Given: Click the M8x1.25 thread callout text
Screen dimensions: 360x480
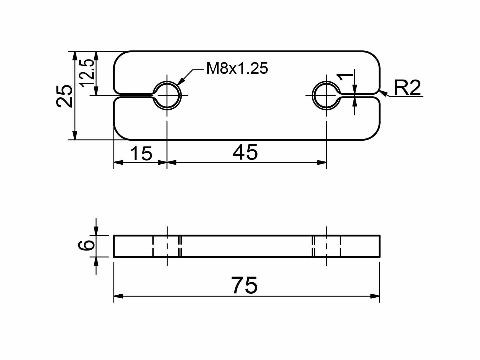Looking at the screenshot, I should (237, 69).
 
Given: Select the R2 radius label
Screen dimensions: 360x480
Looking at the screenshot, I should (407, 88).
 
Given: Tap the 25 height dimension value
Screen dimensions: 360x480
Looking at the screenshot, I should (64, 96).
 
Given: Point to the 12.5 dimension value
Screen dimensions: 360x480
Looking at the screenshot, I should (86, 73).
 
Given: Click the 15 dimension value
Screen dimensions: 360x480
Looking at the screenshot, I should (141, 154).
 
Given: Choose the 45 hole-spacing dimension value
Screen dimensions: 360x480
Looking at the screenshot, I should (245, 152).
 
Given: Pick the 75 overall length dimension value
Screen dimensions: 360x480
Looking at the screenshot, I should (245, 285).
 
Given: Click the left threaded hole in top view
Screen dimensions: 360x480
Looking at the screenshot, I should (167, 95).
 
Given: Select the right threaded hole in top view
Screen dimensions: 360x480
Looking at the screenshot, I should (326, 95).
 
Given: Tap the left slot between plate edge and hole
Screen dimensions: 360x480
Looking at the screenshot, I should (133, 95).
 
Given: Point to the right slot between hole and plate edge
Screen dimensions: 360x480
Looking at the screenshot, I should (360, 95).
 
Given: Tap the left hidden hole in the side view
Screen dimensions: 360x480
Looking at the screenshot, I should (167, 246).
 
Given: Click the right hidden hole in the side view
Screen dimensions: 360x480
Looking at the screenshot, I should (327, 246).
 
